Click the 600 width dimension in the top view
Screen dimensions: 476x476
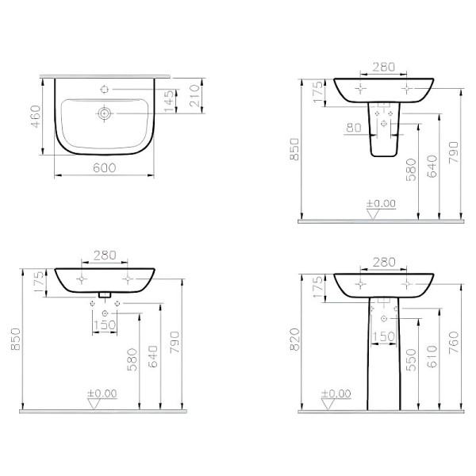point(105,167)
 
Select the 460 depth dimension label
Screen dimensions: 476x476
point(36,117)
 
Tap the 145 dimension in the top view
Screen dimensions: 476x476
point(170,101)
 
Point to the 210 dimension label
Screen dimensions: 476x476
point(194,96)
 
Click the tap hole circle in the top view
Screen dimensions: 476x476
point(105,89)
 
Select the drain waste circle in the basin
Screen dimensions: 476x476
point(105,113)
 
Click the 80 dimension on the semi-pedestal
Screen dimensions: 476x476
point(353,128)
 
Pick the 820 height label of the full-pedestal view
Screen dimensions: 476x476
point(295,340)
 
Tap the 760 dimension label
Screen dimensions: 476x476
point(453,343)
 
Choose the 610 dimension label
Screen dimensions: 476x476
point(432,356)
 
